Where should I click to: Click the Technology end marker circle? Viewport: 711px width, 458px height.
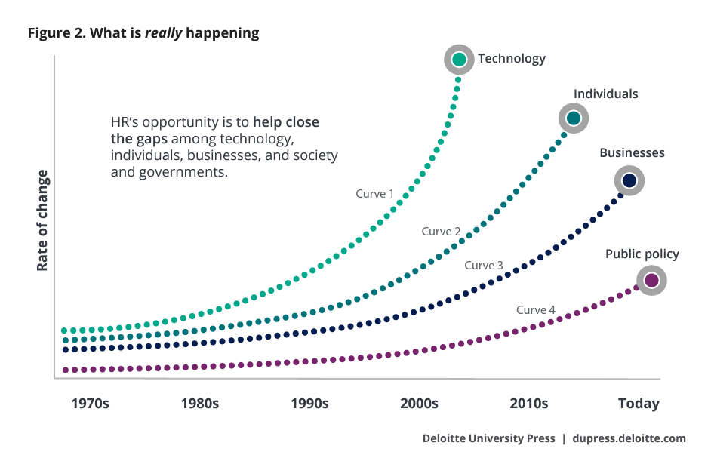click(459, 59)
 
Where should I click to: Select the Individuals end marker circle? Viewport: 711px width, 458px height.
click(573, 118)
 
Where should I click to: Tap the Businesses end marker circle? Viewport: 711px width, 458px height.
click(629, 180)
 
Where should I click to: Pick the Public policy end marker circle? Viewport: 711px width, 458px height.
click(651, 281)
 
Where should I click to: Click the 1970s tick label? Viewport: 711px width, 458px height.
click(90, 404)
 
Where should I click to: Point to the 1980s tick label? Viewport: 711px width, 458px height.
click(200, 404)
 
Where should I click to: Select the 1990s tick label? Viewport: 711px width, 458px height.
click(309, 404)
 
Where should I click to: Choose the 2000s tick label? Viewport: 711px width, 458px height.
click(419, 404)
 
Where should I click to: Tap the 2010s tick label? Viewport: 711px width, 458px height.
click(528, 404)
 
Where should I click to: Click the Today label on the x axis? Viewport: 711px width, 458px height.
click(639, 404)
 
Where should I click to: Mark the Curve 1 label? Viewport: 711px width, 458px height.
click(375, 194)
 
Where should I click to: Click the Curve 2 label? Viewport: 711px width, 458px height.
click(441, 232)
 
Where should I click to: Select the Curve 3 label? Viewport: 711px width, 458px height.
click(484, 266)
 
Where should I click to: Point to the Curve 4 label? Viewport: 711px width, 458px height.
click(536, 310)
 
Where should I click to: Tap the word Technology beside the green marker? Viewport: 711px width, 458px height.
click(511, 59)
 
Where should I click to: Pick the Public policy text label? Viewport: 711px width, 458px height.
click(642, 254)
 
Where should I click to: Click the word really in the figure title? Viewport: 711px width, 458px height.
click(165, 33)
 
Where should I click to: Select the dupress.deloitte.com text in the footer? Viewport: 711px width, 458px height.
click(629, 438)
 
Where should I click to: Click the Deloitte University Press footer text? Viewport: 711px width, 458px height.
click(488, 438)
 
